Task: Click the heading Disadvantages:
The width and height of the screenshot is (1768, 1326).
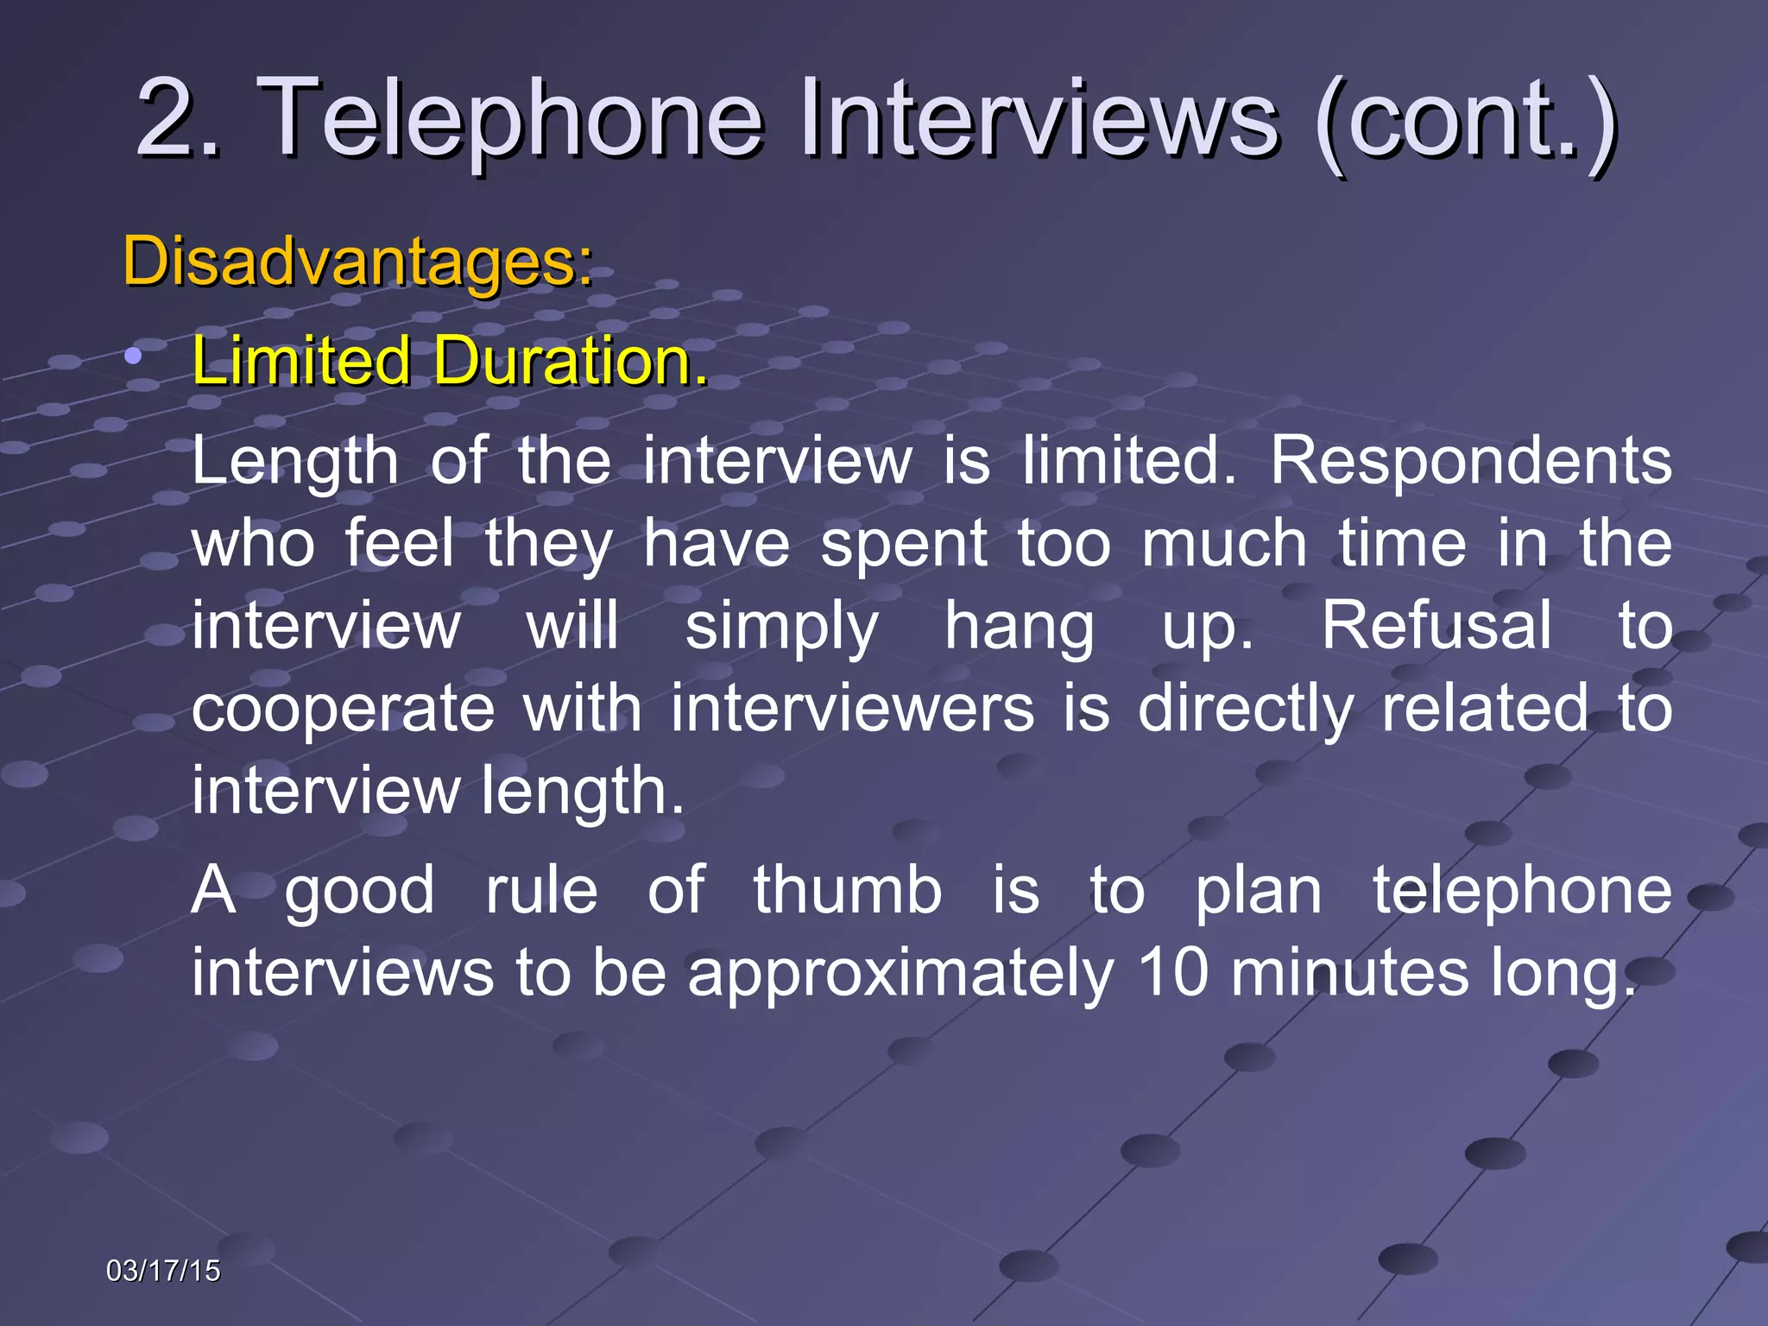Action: coord(358,261)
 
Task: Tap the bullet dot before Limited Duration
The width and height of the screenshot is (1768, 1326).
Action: coord(132,355)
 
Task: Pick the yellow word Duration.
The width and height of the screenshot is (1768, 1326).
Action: coord(570,360)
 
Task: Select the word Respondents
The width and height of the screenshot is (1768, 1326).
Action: coord(1470,461)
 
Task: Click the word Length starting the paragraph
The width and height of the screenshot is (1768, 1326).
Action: coord(294,463)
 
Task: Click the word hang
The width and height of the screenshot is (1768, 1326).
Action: coord(1019,627)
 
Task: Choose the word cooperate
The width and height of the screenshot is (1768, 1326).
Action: coord(343,710)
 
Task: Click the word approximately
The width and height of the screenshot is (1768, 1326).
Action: coord(900,975)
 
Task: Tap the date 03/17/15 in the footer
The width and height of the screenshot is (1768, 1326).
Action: coord(163,1271)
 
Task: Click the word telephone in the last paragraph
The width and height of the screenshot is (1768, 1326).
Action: coord(1522,892)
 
